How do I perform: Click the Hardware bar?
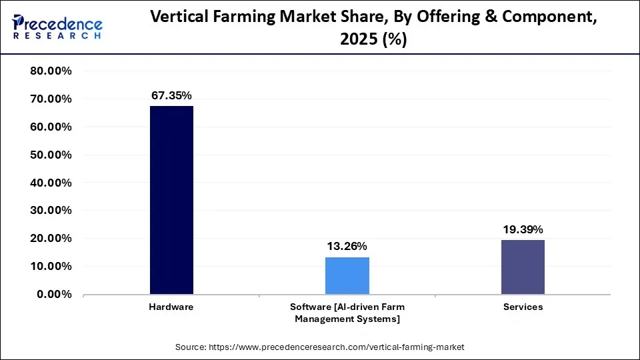[x=171, y=200]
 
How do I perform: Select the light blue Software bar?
[x=347, y=275]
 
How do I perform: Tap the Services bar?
[x=523, y=267]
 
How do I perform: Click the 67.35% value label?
[x=171, y=96]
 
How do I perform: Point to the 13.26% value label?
[x=347, y=247]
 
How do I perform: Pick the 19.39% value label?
[x=523, y=229]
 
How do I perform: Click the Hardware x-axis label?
[x=171, y=307]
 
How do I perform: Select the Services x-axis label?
[x=523, y=307]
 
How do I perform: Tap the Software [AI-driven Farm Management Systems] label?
[x=347, y=313]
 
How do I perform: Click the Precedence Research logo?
[x=57, y=27]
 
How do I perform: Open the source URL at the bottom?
[x=320, y=347]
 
